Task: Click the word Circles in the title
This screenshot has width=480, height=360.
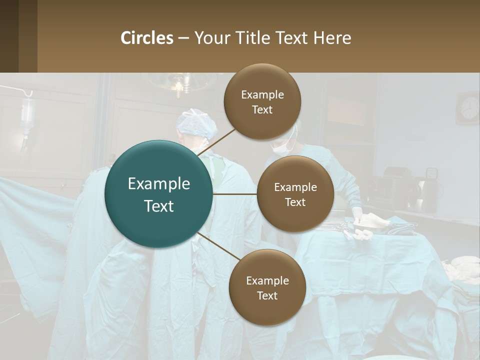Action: [147, 38]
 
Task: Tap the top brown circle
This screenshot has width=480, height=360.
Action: [262, 102]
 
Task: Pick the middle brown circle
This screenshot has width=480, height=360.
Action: [295, 194]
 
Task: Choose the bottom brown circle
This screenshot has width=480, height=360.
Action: [267, 287]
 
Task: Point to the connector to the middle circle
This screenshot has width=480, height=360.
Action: [235, 193]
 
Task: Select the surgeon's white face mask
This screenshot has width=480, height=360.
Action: [281, 147]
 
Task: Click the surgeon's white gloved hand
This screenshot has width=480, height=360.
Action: [357, 214]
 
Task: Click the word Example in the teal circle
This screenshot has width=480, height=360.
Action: [159, 184]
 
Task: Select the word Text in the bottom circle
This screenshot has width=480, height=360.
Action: [267, 295]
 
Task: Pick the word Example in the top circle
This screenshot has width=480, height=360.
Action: [262, 94]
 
